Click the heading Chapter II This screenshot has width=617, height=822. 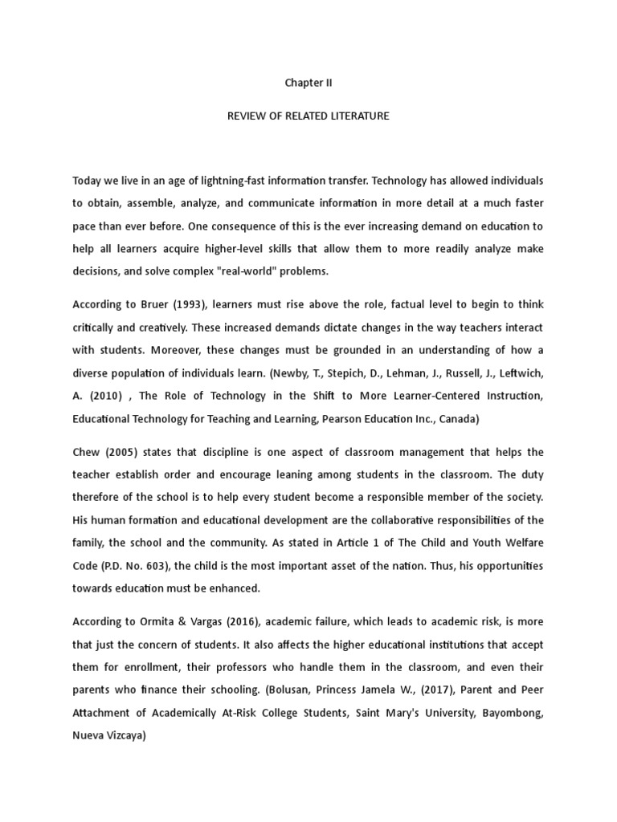(308, 83)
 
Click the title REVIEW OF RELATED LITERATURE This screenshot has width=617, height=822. (308, 116)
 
